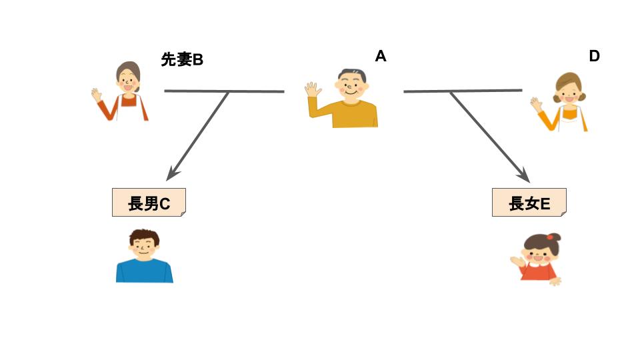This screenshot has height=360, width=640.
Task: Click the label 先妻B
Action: [x=181, y=60]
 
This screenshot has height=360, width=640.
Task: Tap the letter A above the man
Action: [x=381, y=57]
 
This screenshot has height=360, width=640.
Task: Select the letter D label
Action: [x=594, y=57]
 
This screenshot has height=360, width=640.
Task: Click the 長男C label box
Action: [x=149, y=203]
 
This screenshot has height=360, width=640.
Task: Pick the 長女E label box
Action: [x=529, y=203]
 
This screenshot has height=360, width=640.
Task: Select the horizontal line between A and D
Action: [x=463, y=91]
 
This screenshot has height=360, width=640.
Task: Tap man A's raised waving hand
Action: [x=313, y=90]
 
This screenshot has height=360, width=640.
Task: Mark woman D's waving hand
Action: [x=536, y=104]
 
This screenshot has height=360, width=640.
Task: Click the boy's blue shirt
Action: [x=144, y=270]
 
